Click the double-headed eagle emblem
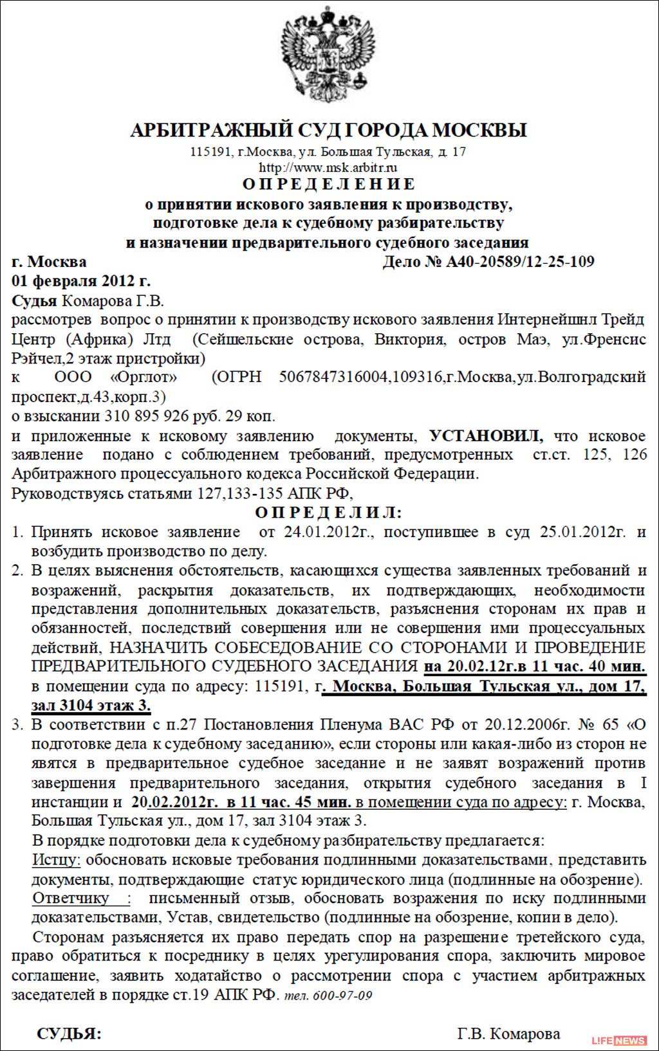click(328, 55)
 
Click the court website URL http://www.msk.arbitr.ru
click(328, 168)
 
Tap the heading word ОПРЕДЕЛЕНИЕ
click(329, 185)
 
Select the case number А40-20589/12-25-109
click(520, 262)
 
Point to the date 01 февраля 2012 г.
click(81, 281)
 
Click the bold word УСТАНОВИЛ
click(486, 436)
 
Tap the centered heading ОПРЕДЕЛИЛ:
click(328, 513)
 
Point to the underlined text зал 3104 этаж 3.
click(91, 706)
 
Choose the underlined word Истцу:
click(57, 860)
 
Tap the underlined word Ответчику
click(71, 899)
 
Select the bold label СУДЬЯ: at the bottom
click(69, 1034)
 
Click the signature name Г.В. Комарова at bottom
click(508, 1034)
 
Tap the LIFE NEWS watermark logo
click(619, 1040)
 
